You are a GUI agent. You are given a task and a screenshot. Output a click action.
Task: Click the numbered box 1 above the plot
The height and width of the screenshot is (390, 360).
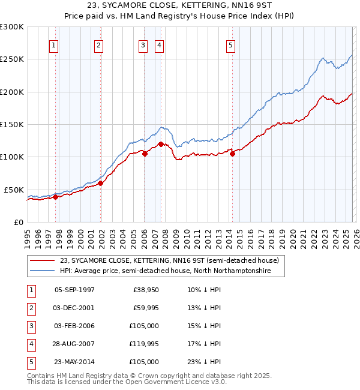click(54, 45)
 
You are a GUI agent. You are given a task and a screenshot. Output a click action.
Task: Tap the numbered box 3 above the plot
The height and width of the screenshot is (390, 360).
click(143, 45)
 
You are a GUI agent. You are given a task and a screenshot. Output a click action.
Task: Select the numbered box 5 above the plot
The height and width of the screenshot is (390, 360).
click(231, 45)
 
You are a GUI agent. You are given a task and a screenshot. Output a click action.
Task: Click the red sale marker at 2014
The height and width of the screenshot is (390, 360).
click(232, 154)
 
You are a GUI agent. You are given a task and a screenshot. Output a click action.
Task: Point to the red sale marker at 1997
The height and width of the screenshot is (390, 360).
click(55, 197)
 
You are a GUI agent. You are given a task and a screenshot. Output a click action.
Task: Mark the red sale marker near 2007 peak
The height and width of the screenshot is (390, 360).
click(161, 144)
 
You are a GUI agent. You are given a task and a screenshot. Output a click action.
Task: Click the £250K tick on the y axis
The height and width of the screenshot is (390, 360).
click(12, 59)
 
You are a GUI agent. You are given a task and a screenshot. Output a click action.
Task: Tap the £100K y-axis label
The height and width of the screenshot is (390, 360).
click(12, 157)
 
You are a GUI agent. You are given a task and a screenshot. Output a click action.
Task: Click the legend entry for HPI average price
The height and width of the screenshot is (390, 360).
click(165, 271)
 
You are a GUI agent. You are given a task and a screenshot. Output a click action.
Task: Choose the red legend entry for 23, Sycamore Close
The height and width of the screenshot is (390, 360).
click(169, 261)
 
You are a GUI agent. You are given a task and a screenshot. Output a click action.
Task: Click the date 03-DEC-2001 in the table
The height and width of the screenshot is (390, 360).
click(74, 308)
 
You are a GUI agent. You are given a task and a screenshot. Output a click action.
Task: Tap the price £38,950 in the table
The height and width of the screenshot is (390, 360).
click(145, 290)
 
